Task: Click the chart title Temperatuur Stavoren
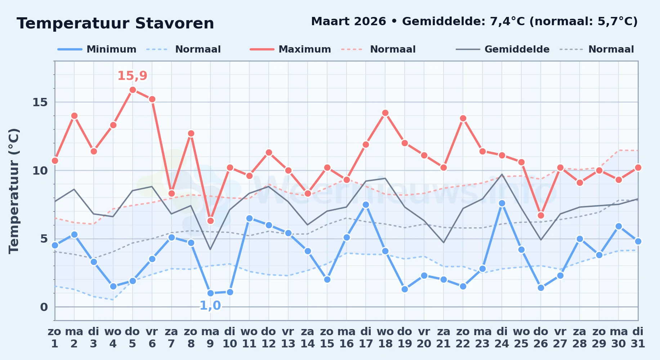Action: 115,23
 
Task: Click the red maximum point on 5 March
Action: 133,90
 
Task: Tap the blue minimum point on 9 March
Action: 210,293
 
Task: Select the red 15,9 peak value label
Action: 132,76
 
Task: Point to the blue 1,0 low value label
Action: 210,306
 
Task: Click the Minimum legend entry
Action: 97,49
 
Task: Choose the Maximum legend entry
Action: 290,49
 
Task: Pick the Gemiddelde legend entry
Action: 503,49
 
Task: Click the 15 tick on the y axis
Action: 40,102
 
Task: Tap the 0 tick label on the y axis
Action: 44,307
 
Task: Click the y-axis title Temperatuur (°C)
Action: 14,191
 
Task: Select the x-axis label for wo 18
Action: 385,338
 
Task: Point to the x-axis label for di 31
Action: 638,338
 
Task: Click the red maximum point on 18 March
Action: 385,113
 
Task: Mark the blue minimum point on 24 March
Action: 502,203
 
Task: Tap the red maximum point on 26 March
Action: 541,215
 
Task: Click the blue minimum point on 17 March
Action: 366,204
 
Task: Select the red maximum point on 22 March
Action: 463,118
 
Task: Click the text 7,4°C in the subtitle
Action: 507,22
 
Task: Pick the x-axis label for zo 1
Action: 55,338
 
